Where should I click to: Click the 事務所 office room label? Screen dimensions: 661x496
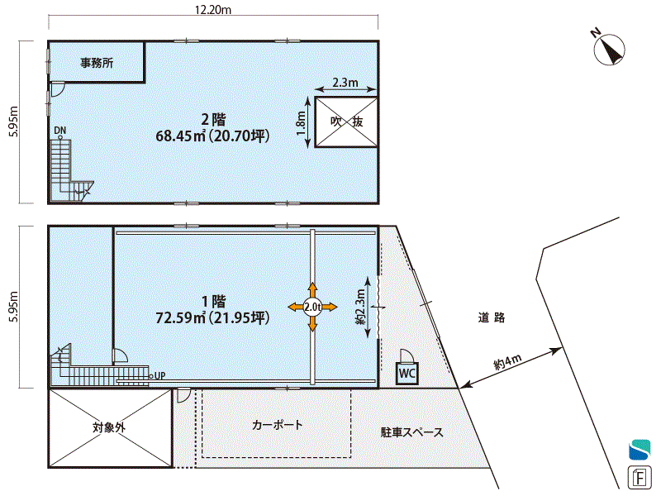pyautogui.click(x=97, y=63)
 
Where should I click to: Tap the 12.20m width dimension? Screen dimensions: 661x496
pyautogui.click(x=213, y=10)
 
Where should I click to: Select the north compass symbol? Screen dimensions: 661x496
pyautogui.click(x=609, y=48)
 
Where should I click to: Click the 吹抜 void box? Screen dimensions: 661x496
pyautogui.click(x=346, y=122)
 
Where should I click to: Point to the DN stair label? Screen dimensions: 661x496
pyautogui.click(x=59, y=131)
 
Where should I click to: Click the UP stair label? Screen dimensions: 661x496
pyautogui.click(x=159, y=375)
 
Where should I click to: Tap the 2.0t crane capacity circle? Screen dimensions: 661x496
pyautogui.click(x=312, y=307)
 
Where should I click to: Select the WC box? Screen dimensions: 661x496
pyautogui.click(x=407, y=373)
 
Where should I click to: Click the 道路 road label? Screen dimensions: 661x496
pyautogui.click(x=492, y=317)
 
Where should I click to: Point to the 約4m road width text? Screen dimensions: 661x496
pyautogui.click(x=507, y=362)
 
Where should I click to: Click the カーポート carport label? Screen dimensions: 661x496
pyautogui.click(x=277, y=424)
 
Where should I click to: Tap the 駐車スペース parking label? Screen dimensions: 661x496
pyautogui.click(x=411, y=432)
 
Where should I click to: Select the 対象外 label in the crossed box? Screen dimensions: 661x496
pyautogui.click(x=109, y=427)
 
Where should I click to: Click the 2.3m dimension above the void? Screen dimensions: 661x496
pyautogui.click(x=345, y=82)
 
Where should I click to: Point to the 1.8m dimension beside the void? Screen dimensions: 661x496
pyautogui.click(x=301, y=123)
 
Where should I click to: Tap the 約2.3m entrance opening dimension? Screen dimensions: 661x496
pyautogui.click(x=360, y=307)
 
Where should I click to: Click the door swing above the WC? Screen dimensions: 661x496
pyautogui.click(x=407, y=355)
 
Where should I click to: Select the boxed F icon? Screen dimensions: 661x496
pyautogui.click(x=640, y=478)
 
